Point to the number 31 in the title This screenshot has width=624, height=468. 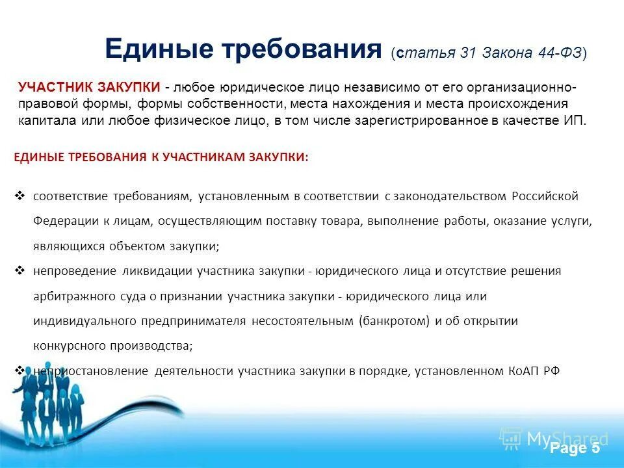(x=469, y=53)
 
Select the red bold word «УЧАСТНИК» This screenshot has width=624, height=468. (x=49, y=88)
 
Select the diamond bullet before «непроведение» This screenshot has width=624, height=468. (x=19, y=270)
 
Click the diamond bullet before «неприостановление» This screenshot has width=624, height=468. (x=19, y=370)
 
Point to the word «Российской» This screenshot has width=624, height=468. (x=545, y=196)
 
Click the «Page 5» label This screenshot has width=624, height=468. (x=575, y=449)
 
